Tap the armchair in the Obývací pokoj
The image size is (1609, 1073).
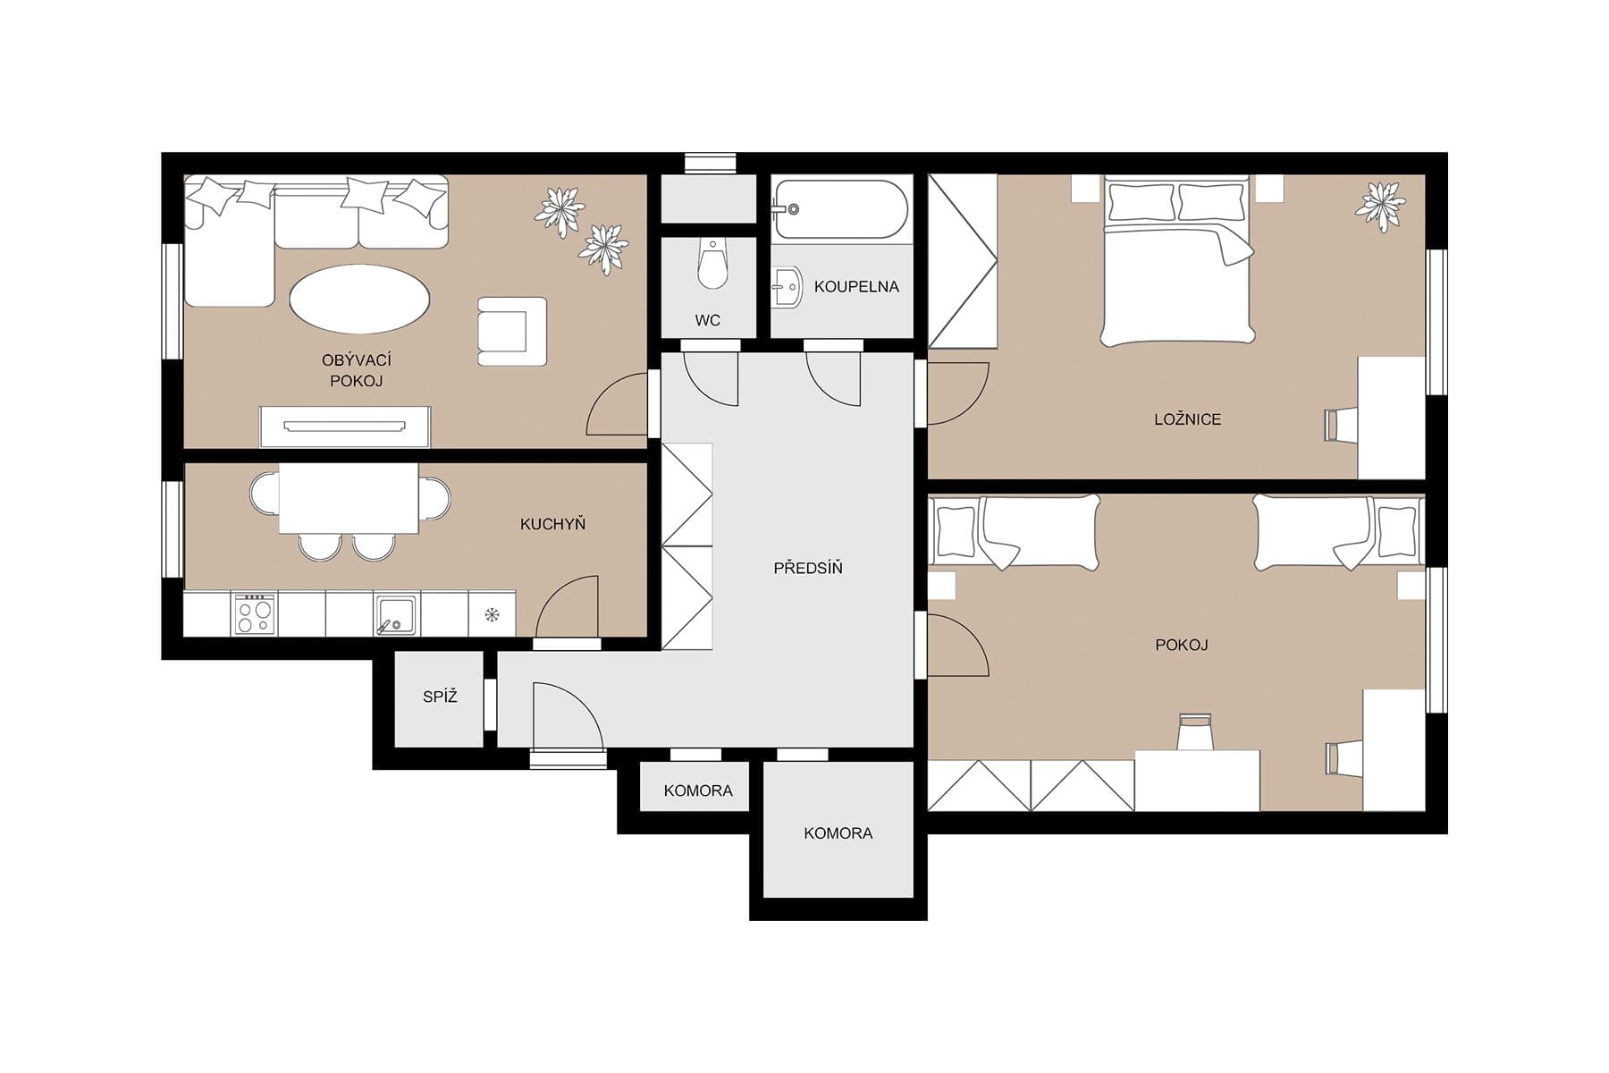(x=511, y=331)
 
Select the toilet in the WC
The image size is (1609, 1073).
(x=712, y=264)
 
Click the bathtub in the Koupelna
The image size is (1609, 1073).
(x=840, y=209)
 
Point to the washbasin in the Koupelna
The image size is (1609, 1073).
(x=787, y=287)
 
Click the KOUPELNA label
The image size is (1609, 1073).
(x=855, y=287)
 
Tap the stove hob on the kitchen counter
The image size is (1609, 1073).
(x=254, y=614)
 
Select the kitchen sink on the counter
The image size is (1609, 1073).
(x=394, y=614)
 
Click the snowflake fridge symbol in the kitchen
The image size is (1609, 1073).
(x=492, y=614)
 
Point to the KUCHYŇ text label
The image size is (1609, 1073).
(x=552, y=524)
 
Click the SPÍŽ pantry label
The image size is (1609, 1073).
(x=440, y=697)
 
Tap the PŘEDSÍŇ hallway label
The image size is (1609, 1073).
(x=807, y=568)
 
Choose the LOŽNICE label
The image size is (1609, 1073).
(x=1186, y=419)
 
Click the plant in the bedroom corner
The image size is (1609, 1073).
(x=1380, y=207)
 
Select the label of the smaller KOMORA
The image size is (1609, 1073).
(x=697, y=790)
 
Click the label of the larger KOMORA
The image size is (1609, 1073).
(x=838, y=833)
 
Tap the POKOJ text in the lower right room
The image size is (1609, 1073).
(x=1181, y=645)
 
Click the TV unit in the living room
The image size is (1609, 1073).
(x=344, y=427)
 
